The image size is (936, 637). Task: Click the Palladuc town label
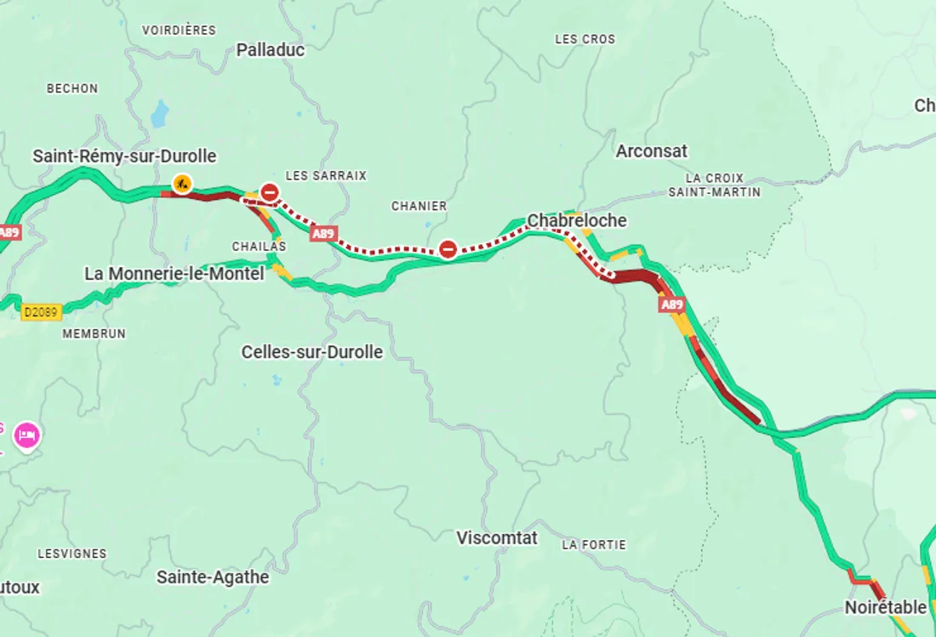(270, 49)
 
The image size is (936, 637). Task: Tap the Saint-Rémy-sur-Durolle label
(124, 156)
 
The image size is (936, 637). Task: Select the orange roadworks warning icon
(181, 182)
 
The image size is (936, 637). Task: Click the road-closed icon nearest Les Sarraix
(270, 192)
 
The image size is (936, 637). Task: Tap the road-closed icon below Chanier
(448, 249)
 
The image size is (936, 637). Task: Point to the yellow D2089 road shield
(41, 312)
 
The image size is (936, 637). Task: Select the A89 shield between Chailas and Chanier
(322, 233)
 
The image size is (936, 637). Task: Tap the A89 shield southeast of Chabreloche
(671, 304)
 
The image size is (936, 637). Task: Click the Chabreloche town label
(576, 220)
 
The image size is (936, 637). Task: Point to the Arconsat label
(651, 151)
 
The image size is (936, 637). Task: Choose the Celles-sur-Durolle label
(311, 352)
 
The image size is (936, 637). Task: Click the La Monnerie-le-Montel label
(174, 274)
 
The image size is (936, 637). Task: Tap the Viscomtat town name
(497, 537)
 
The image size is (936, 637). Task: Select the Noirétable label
(885, 607)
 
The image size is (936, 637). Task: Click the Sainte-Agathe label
(213, 577)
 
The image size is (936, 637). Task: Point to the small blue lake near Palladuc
(159, 113)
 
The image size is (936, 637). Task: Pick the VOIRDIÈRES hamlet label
(179, 31)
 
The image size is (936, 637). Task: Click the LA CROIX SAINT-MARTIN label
(714, 185)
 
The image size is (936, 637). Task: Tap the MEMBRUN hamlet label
(94, 334)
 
